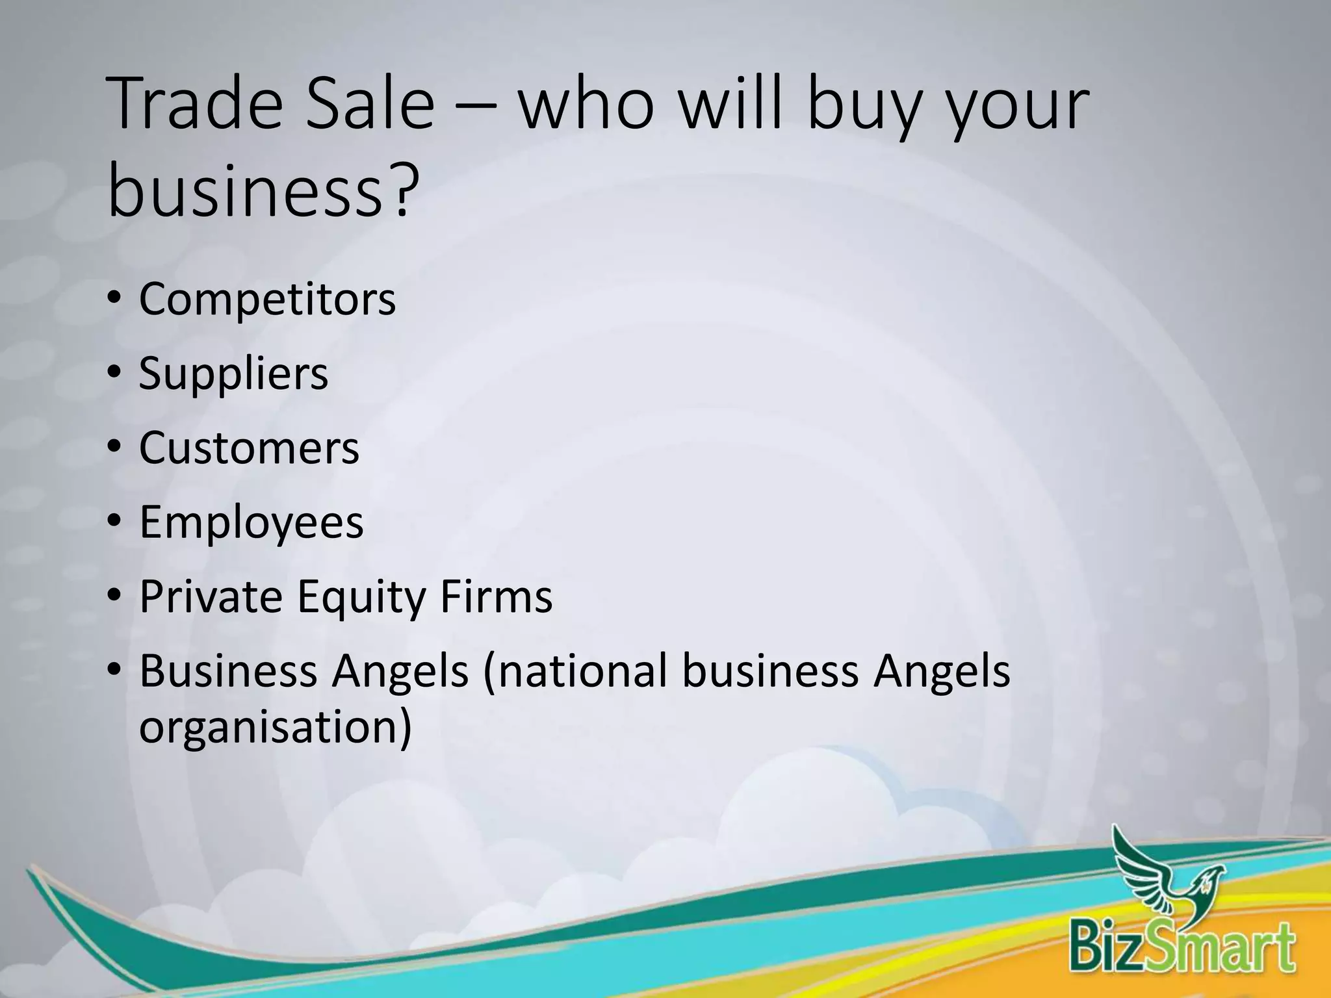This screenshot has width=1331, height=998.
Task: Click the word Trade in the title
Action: [195, 104]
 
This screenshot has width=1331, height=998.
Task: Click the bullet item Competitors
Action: [267, 300]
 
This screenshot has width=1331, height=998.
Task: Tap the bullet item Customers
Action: [249, 448]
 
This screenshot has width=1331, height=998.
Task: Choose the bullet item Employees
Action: [252, 523]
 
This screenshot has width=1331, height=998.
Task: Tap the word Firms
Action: [496, 596]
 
